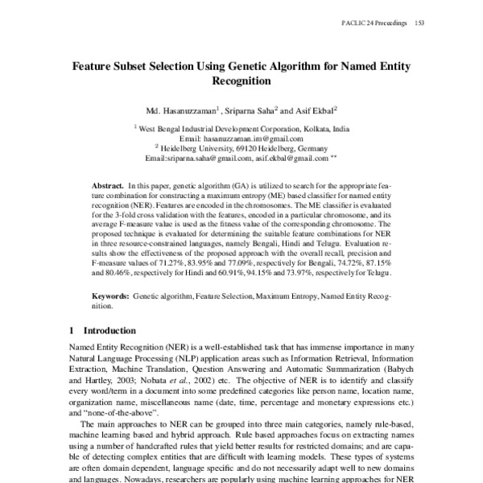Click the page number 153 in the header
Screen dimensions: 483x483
coord(419,23)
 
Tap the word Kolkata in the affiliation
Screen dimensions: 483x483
coord(310,128)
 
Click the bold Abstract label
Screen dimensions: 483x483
coord(108,184)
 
